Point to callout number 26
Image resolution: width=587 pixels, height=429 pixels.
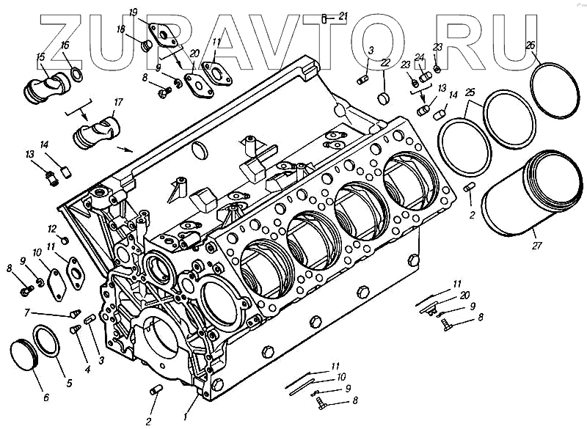531,45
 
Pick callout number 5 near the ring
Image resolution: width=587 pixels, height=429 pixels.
70,382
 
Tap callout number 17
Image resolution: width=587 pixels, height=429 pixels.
118,102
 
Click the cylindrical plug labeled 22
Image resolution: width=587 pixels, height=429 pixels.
382,97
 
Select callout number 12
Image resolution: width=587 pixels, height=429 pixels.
52,228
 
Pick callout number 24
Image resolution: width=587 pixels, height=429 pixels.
419,57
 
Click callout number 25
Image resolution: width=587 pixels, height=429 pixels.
470,92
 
